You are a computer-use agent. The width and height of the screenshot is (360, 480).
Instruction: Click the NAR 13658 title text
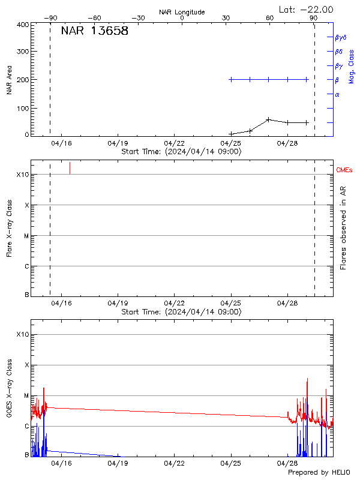point(94,32)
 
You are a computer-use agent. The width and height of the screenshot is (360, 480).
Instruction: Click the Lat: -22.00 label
point(306,9)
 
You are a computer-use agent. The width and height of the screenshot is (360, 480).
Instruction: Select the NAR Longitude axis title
point(182,12)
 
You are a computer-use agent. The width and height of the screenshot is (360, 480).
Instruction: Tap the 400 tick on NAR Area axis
point(23,25)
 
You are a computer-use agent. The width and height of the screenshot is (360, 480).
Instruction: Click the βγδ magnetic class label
point(341,37)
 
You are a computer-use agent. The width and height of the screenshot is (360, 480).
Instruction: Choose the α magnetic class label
point(337,94)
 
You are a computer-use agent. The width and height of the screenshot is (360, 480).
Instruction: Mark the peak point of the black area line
point(268,119)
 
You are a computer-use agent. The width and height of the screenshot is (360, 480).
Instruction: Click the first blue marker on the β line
point(231,79)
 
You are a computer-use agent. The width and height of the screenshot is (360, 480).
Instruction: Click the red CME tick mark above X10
point(70,168)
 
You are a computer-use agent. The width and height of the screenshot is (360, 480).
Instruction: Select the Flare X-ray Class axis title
point(9,228)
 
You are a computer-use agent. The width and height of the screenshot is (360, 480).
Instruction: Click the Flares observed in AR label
point(343,228)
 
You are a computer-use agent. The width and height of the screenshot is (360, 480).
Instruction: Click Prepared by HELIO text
point(319,472)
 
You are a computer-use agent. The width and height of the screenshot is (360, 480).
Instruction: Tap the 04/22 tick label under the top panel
point(173,143)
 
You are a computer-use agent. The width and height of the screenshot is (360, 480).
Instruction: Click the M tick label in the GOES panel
point(26,396)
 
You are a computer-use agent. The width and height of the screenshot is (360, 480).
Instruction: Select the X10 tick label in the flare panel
point(23,175)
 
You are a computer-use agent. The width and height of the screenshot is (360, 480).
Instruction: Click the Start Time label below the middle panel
point(181,311)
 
